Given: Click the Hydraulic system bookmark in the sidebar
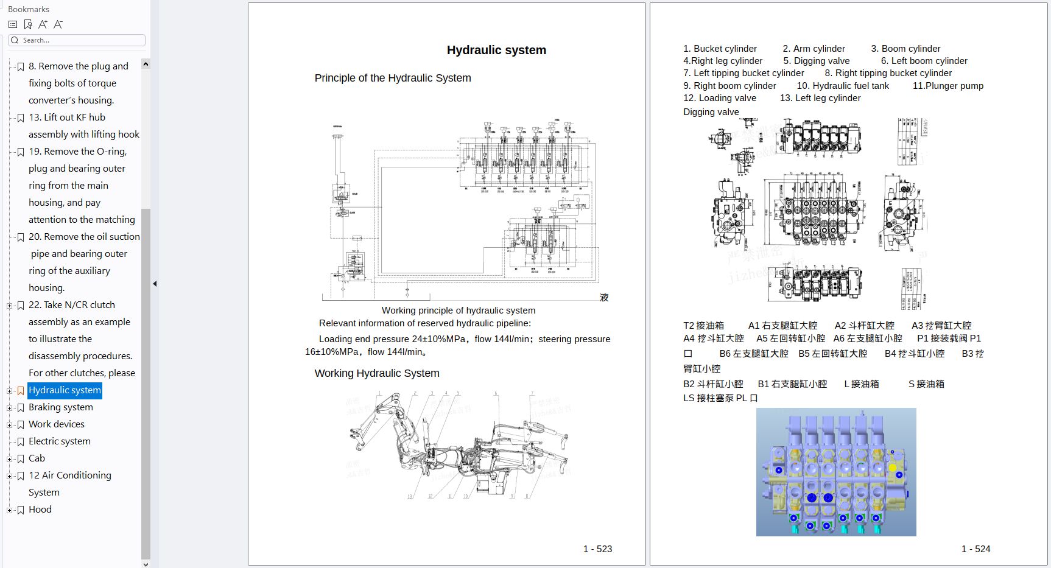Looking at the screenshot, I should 65,390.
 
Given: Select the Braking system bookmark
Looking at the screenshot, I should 61,407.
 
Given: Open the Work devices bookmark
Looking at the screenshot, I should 57,424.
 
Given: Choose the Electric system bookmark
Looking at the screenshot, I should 60,441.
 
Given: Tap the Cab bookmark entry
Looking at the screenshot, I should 37,458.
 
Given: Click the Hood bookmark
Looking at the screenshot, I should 40,510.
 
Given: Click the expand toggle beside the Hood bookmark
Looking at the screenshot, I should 9,510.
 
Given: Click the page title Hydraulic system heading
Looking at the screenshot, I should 496,50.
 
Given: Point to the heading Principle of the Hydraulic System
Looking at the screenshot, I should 393,78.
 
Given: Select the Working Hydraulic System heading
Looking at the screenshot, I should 377,373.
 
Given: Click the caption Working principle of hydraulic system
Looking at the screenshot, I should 459,310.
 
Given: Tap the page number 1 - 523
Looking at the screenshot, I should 597,549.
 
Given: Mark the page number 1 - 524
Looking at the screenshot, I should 975,549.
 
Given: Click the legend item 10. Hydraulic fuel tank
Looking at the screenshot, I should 843,86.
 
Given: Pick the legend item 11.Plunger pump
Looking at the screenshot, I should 947,86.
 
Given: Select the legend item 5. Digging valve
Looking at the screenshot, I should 816,61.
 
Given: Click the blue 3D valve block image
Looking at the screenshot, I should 836,472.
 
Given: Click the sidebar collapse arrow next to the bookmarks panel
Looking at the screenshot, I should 155,284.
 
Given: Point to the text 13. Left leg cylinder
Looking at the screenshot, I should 820,98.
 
